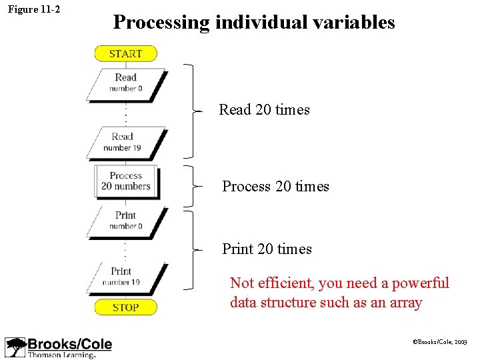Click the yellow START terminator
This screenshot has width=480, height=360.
tap(125, 53)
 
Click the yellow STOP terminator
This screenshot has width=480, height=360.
tap(125, 307)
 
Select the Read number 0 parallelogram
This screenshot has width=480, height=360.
tap(125, 83)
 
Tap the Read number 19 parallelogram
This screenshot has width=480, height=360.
tap(125, 143)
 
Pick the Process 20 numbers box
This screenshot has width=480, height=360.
tap(126, 181)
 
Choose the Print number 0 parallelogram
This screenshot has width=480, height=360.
tap(126, 221)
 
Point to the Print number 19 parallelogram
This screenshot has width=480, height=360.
tap(125, 277)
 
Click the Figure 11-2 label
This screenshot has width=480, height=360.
tap(33, 9)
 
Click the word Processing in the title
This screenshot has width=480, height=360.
tap(161, 23)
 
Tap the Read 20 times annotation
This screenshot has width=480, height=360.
tap(264, 110)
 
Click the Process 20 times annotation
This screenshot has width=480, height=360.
tap(275, 187)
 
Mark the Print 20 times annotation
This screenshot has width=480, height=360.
tap(267, 249)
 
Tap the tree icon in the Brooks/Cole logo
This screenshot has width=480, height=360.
tap(15, 347)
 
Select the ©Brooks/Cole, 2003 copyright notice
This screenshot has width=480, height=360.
tap(440, 341)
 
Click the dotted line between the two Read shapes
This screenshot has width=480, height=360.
tap(126, 114)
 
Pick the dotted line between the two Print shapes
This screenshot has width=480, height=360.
tap(126, 250)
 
